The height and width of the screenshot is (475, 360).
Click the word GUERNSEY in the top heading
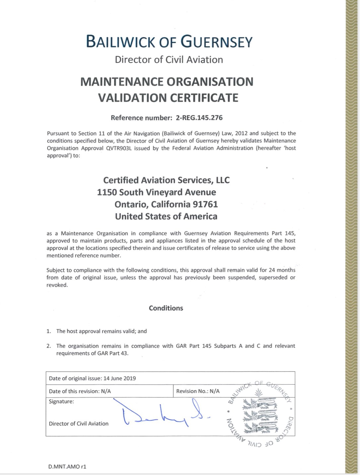click(216, 42)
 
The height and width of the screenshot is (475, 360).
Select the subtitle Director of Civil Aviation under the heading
click(169, 60)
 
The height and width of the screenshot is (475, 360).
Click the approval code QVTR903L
click(119, 148)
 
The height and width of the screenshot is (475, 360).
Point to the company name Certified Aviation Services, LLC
click(166, 180)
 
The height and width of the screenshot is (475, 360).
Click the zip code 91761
click(205, 204)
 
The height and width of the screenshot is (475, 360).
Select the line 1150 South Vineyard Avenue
click(156, 192)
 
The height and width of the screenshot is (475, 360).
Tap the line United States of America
click(166, 216)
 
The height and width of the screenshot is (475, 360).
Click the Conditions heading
click(166, 308)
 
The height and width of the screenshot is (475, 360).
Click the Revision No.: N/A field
click(198, 391)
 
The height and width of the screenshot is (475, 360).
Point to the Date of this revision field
click(80, 391)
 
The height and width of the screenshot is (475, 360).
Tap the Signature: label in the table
click(61, 401)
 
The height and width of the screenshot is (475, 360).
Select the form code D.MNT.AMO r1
click(67, 466)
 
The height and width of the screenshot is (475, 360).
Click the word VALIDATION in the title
click(133, 98)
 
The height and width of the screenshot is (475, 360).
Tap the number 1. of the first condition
click(49, 331)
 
